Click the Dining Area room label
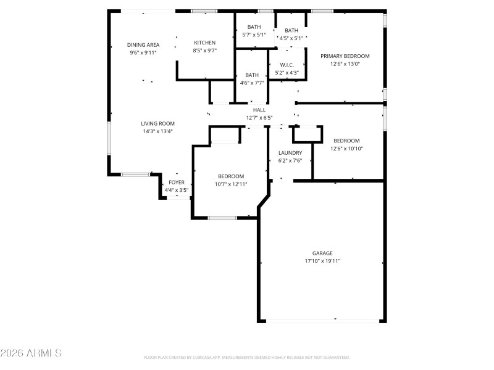pos(143,45)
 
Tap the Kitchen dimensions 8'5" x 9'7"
pos(205,51)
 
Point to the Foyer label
pos(177,183)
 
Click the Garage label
pos(322,253)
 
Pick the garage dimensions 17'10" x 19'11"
pos(322,261)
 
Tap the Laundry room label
pos(290,153)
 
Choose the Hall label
pos(259,110)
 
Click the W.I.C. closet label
pos(287,65)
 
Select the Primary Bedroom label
pos(345,56)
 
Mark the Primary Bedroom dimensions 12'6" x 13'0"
pos(345,64)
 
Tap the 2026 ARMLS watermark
pos(31,353)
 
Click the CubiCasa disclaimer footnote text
pos(246,357)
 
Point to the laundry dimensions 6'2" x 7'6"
pos(290,161)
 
